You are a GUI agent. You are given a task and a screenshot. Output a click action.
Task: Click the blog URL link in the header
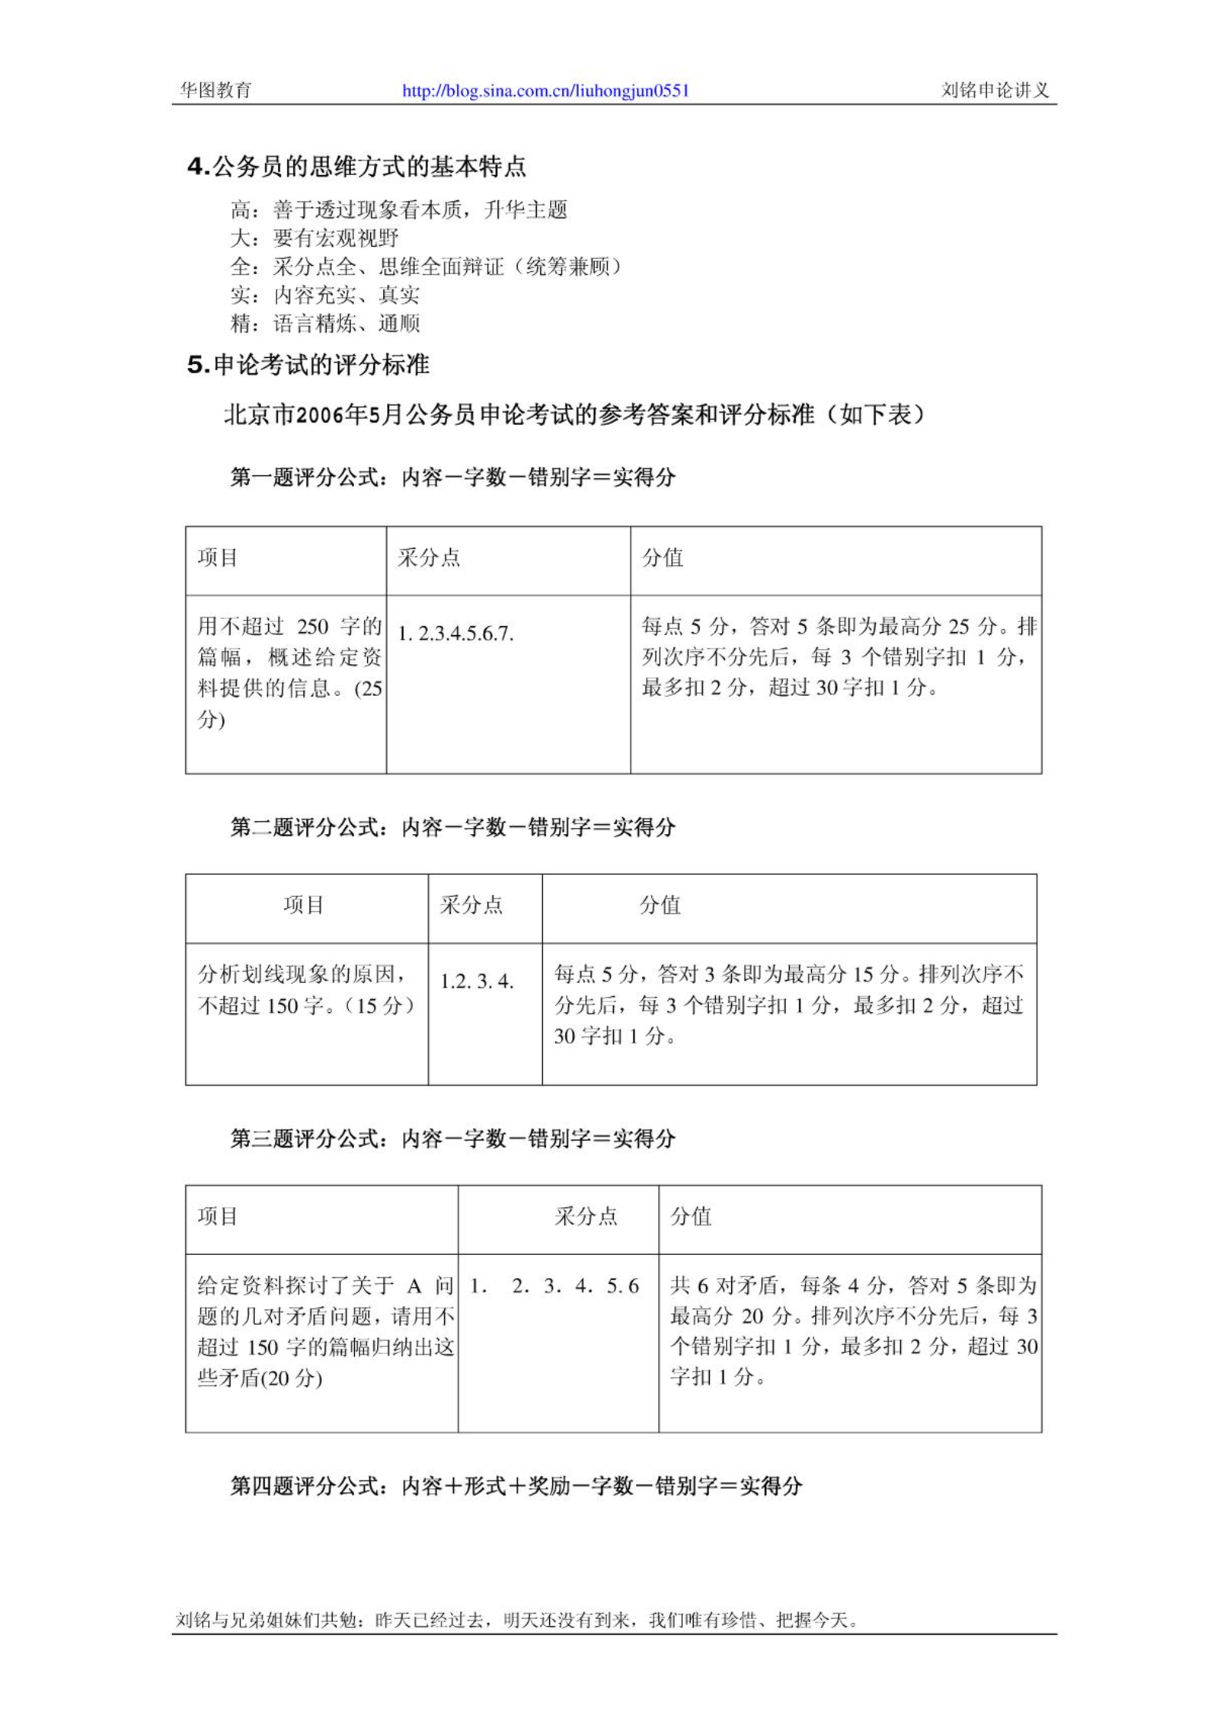(x=545, y=91)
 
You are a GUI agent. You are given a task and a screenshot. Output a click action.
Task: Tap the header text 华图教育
(x=216, y=91)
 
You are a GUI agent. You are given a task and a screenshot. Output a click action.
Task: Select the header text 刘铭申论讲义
(x=995, y=91)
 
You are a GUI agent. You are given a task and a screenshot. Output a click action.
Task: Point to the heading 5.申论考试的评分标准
(x=308, y=365)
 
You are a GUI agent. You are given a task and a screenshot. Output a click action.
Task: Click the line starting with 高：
(x=398, y=209)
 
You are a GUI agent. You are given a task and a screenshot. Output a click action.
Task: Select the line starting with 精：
(x=325, y=324)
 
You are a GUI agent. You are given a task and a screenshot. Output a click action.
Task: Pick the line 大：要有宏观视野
(x=315, y=238)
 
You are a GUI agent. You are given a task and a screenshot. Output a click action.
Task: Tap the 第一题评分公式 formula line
(x=453, y=477)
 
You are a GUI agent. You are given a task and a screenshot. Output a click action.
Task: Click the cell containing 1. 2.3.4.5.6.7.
(x=455, y=634)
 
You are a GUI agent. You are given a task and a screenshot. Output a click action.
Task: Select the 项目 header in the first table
(x=218, y=557)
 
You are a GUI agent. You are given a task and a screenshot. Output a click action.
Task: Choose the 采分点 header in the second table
(x=471, y=905)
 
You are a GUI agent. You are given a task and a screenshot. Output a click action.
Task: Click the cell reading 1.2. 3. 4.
(x=477, y=981)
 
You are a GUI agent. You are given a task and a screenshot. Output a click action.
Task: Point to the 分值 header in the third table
(x=691, y=1216)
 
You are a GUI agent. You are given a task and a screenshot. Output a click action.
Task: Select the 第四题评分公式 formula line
(x=516, y=1486)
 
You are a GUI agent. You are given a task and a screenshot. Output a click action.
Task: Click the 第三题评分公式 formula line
(x=453, y=1139)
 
